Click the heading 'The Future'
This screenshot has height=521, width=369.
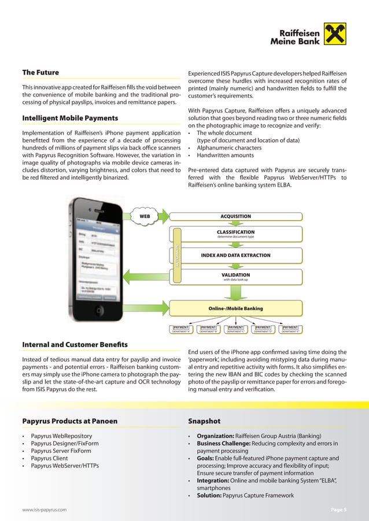point(40,73)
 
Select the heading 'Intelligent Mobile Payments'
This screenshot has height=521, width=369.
point(70,118)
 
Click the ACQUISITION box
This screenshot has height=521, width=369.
point(235,217)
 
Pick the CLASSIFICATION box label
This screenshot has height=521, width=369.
point(235,232)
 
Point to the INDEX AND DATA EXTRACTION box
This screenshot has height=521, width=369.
point(235,255)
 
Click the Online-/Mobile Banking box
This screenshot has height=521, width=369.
point(235,308)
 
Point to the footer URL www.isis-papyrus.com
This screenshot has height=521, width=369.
point(44,510)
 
